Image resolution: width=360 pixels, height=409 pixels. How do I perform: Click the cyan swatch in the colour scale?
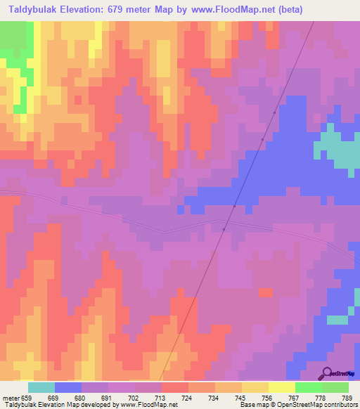click(41, 387)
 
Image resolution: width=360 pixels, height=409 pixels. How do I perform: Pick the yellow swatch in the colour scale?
click(281, 387)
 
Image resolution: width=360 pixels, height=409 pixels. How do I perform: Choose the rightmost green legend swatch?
click(335, 387)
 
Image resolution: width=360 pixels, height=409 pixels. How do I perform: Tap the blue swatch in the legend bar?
click(68, 387)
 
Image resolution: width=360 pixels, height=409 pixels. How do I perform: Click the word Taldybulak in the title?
click(34, 10)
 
